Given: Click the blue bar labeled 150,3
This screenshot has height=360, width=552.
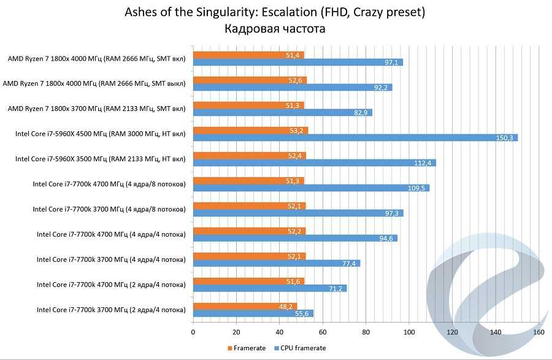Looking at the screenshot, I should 355,137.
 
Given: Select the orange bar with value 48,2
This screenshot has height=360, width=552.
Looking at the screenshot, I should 245,306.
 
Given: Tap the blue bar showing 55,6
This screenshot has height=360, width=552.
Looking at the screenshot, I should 253,313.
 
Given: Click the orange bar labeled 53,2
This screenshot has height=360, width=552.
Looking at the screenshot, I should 250,130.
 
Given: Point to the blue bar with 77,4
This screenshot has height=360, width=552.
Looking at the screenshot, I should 276,263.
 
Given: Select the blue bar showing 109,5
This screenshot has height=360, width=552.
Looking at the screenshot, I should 311,188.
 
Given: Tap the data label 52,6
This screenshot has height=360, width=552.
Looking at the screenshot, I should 295,80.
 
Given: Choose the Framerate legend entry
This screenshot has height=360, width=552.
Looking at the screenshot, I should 247,348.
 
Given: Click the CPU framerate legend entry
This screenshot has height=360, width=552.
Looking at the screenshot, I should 299,348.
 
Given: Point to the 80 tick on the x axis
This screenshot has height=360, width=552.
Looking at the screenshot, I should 366,333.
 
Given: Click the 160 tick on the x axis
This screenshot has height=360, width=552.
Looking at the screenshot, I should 539,333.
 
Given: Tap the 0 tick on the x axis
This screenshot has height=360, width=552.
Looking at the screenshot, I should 193,333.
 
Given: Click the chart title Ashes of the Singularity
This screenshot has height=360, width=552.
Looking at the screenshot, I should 275,12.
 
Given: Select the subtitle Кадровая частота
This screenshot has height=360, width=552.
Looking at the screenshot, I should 275,28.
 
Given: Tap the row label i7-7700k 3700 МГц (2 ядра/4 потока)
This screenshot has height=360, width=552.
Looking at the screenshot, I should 111,310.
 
